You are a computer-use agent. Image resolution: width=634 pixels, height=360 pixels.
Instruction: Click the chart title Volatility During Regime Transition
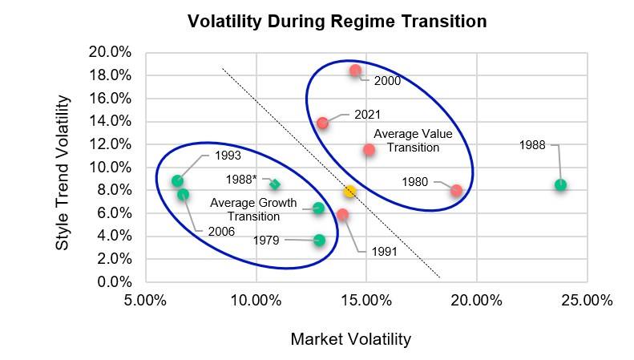coord(337,22)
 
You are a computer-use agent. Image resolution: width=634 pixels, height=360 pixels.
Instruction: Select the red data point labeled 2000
coord(355,71)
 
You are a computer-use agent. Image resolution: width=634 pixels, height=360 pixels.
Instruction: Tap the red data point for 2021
coord(322,123)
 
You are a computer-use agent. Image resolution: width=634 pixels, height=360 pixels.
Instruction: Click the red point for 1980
coord(456,191)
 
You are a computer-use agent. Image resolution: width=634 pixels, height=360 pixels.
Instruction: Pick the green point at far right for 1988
coord(560,185)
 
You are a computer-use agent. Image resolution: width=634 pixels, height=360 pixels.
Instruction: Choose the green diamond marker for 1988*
coord(275,184)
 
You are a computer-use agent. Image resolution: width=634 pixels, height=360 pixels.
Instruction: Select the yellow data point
coord(349,192)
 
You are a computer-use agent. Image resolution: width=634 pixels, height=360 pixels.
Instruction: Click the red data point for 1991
coord(342,215)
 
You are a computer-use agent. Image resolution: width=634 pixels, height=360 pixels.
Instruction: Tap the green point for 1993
coord(177,181)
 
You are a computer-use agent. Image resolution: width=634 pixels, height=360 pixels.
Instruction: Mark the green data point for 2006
coord(183,195)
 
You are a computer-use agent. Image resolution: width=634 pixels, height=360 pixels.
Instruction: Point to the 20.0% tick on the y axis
coord(109,52)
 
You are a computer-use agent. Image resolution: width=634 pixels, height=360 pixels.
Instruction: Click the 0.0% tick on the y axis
coord(112,282)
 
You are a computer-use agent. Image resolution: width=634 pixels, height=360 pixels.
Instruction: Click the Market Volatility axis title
coord(350,339)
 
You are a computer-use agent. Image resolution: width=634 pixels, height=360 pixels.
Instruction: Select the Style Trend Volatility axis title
coord(64,173)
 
